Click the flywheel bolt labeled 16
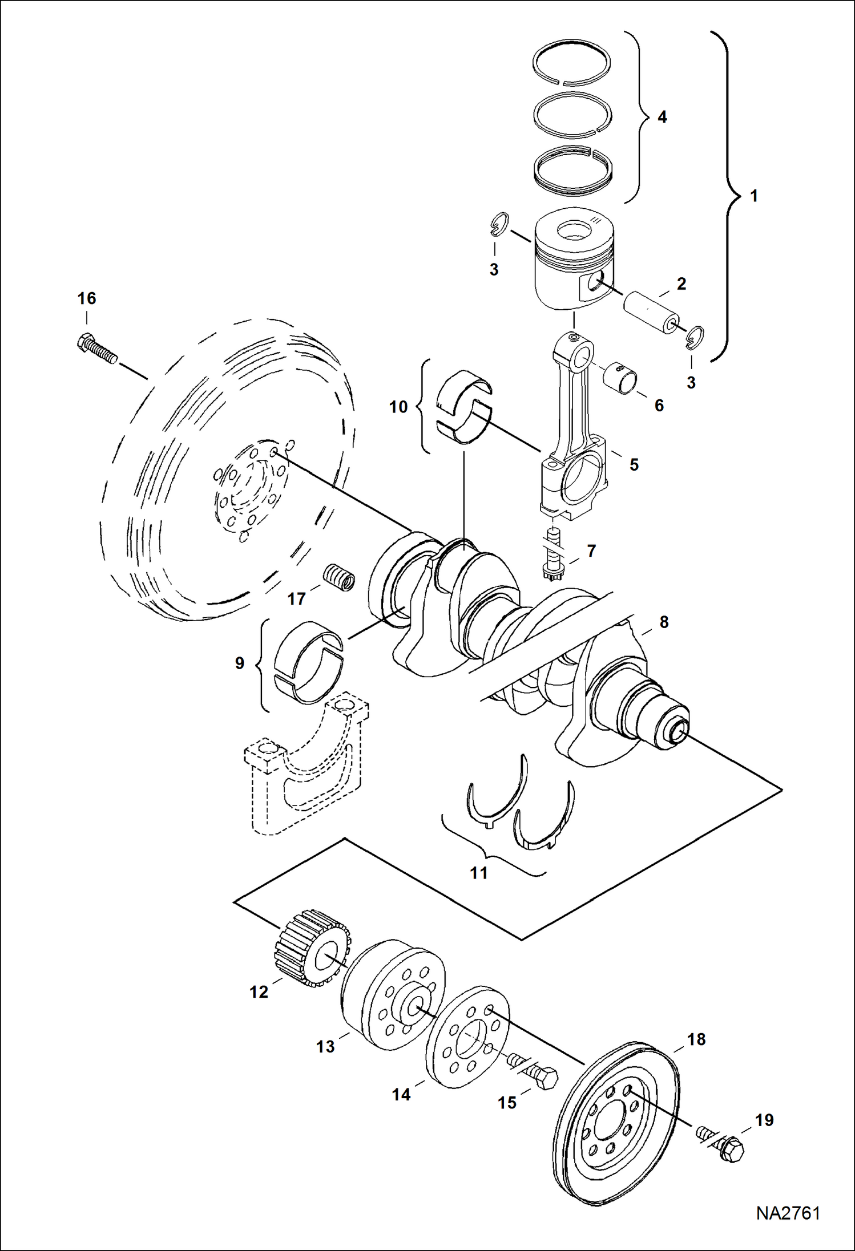[96, 349]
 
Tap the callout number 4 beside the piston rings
[662, 118]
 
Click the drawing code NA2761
[788, 1213]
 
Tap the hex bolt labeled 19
[722, 1143]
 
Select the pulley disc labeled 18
[616, 1122]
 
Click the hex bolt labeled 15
[533, 1072]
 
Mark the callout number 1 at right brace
[753, 196]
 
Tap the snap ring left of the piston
[500, 223]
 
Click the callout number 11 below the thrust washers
[479, 873]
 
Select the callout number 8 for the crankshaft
[664, 622]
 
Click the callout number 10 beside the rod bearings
[398, 407]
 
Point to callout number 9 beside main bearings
[240, 663]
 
